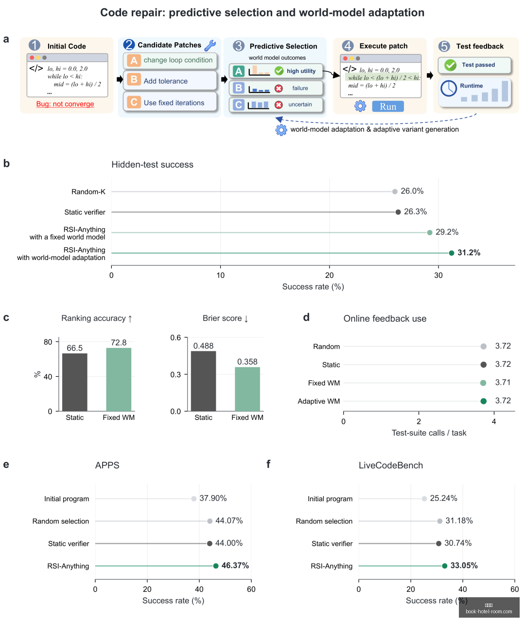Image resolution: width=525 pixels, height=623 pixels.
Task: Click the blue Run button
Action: point(388,106)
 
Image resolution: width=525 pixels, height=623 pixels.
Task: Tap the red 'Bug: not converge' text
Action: point(65,104)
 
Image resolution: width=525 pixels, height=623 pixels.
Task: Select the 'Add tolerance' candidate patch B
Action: point(170,81)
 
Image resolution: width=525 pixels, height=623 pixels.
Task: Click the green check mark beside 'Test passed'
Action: point(450,65)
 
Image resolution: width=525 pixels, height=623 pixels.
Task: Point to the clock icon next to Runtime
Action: point(449,88)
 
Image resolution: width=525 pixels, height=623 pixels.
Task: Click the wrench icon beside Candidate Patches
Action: point(210,45)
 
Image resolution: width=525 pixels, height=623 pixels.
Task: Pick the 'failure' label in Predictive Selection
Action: point(300,88)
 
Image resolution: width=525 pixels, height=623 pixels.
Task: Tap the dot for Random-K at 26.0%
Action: point(395,191)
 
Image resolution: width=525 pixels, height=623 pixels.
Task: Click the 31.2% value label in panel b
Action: point(469,253)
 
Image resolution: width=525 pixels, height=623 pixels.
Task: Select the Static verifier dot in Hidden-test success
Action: point(398,212)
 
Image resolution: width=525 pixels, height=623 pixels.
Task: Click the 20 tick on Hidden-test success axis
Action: point(329,275)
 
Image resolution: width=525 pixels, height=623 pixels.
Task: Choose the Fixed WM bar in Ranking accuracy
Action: point(119,379)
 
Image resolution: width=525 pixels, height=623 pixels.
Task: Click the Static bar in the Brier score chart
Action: point(203,381)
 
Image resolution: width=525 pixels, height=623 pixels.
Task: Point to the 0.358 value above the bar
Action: point(247,362)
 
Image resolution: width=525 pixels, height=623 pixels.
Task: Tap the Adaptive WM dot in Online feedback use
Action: point(484,401)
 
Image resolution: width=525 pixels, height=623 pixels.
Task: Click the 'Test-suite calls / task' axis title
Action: point(429,433)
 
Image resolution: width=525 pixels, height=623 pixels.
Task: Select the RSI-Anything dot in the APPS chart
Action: point(216,566)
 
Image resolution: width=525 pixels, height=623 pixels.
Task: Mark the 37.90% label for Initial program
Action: point(213,498)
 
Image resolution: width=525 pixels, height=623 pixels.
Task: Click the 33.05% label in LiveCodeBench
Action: point(464,565)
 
